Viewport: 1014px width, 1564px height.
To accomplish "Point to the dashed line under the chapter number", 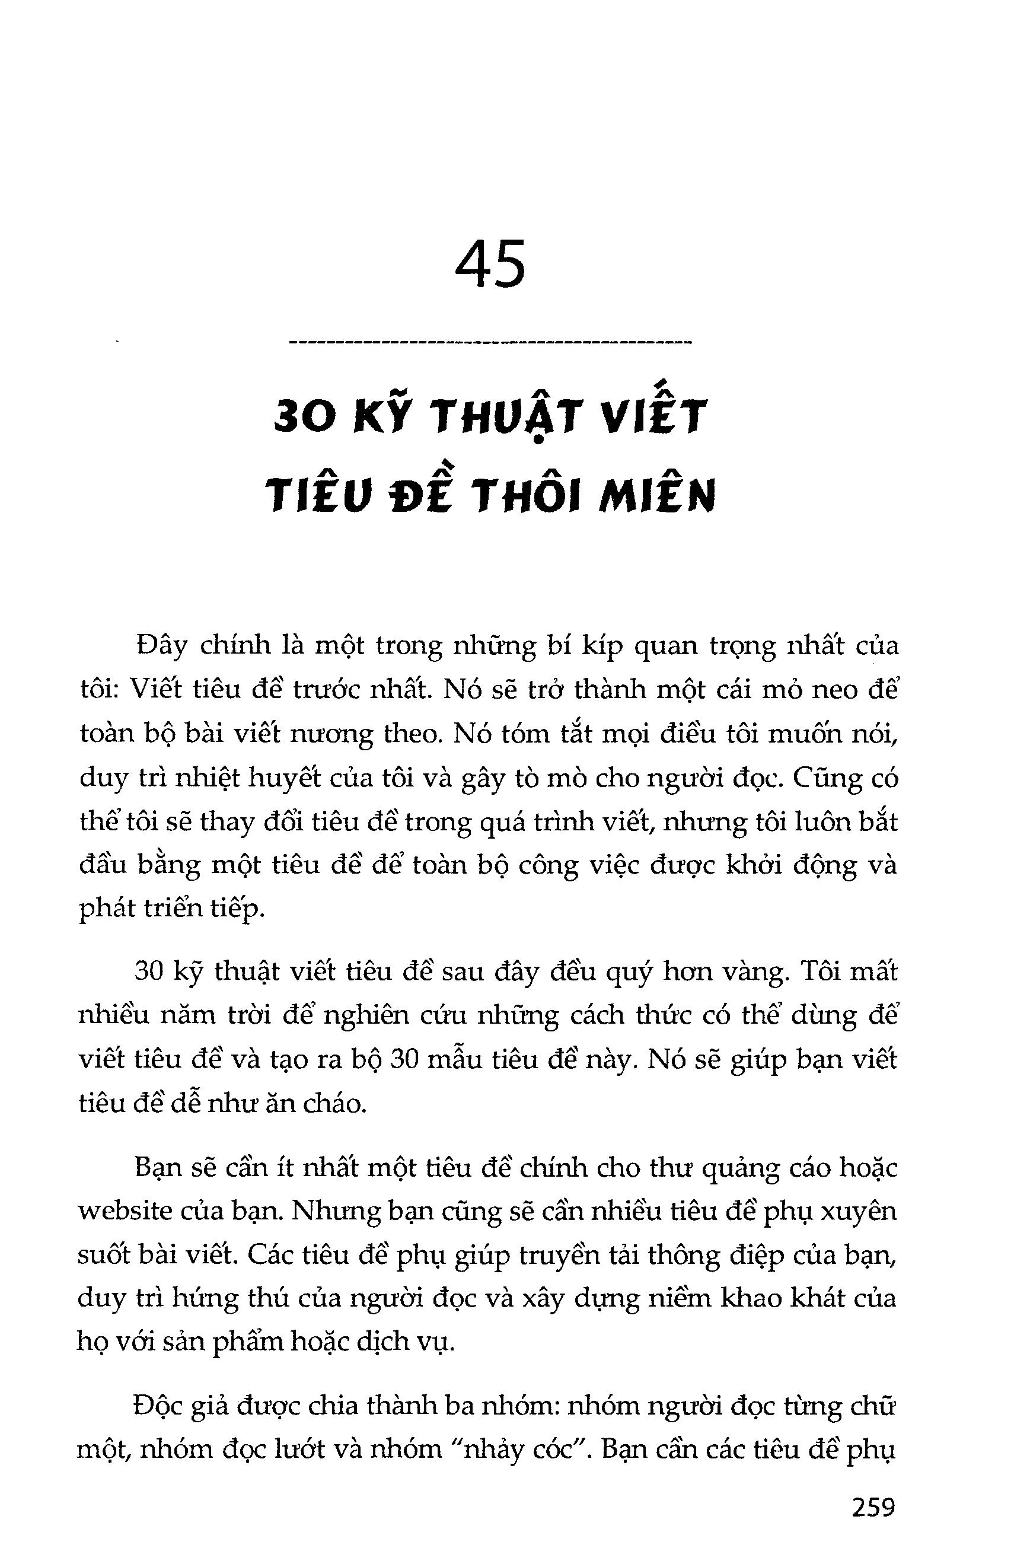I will (x=490, y=342).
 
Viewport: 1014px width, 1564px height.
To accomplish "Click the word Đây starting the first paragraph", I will (x=158, y=646).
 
